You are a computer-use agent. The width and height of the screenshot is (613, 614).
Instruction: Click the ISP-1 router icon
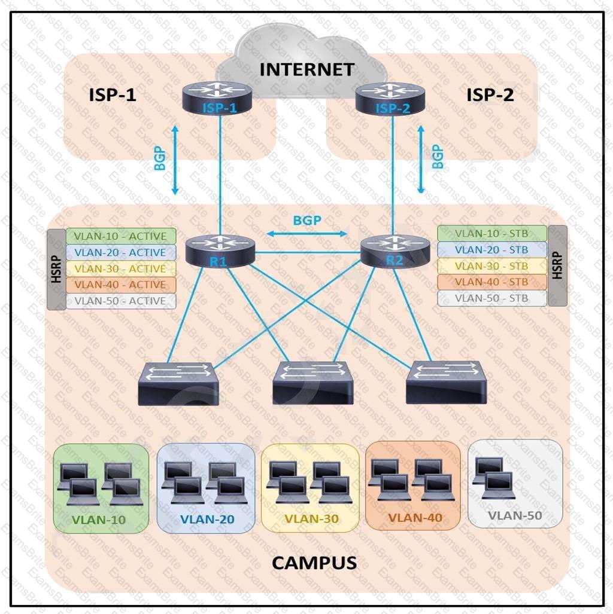(220, 97)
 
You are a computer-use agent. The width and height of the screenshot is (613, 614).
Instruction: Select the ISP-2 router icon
(392, 97)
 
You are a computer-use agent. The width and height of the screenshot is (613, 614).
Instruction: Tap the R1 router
(220, 251)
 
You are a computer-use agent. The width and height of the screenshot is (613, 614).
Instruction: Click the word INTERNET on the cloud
(306, 69)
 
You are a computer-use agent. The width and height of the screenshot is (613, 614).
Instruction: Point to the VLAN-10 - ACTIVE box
(120, 236)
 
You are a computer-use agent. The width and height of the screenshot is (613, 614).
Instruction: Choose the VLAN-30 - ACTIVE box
(120, 268)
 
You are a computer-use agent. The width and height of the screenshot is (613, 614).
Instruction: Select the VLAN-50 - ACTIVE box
(120, 301)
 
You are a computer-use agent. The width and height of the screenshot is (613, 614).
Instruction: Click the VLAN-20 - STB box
(491, 250)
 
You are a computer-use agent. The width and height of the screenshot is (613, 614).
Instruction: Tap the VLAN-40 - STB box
(491, 282)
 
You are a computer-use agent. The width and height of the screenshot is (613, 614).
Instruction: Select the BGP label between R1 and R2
(307, 220)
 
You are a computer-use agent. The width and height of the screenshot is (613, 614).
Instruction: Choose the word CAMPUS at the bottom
(314, 563)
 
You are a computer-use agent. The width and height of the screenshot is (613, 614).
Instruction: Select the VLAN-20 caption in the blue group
(207, 519)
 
